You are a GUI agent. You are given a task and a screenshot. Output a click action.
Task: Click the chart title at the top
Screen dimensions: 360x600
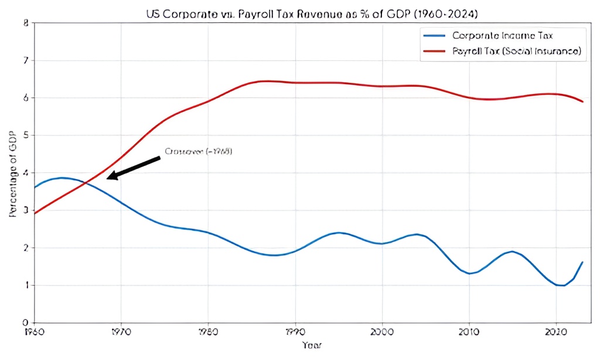coord(313,12)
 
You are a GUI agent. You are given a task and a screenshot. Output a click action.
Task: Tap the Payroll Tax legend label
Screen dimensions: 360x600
coord(516,52)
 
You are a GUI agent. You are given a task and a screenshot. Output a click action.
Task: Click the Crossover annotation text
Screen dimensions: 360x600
coord(199,151)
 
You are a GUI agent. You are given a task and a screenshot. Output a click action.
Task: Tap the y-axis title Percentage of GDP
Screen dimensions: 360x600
coord(13,173)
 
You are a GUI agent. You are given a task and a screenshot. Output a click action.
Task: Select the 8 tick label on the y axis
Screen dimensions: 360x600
coord(25,23)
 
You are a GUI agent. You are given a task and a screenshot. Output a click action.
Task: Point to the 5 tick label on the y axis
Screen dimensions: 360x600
coord(25,135)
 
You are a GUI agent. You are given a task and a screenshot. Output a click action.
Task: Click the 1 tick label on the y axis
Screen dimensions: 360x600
coord(25,286)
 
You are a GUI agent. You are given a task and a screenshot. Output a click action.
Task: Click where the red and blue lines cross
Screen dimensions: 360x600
coord(87,184)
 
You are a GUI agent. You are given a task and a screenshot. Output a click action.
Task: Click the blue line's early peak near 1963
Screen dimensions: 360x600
coord(62,178)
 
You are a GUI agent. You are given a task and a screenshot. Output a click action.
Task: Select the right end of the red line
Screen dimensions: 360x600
coord(582,102)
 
